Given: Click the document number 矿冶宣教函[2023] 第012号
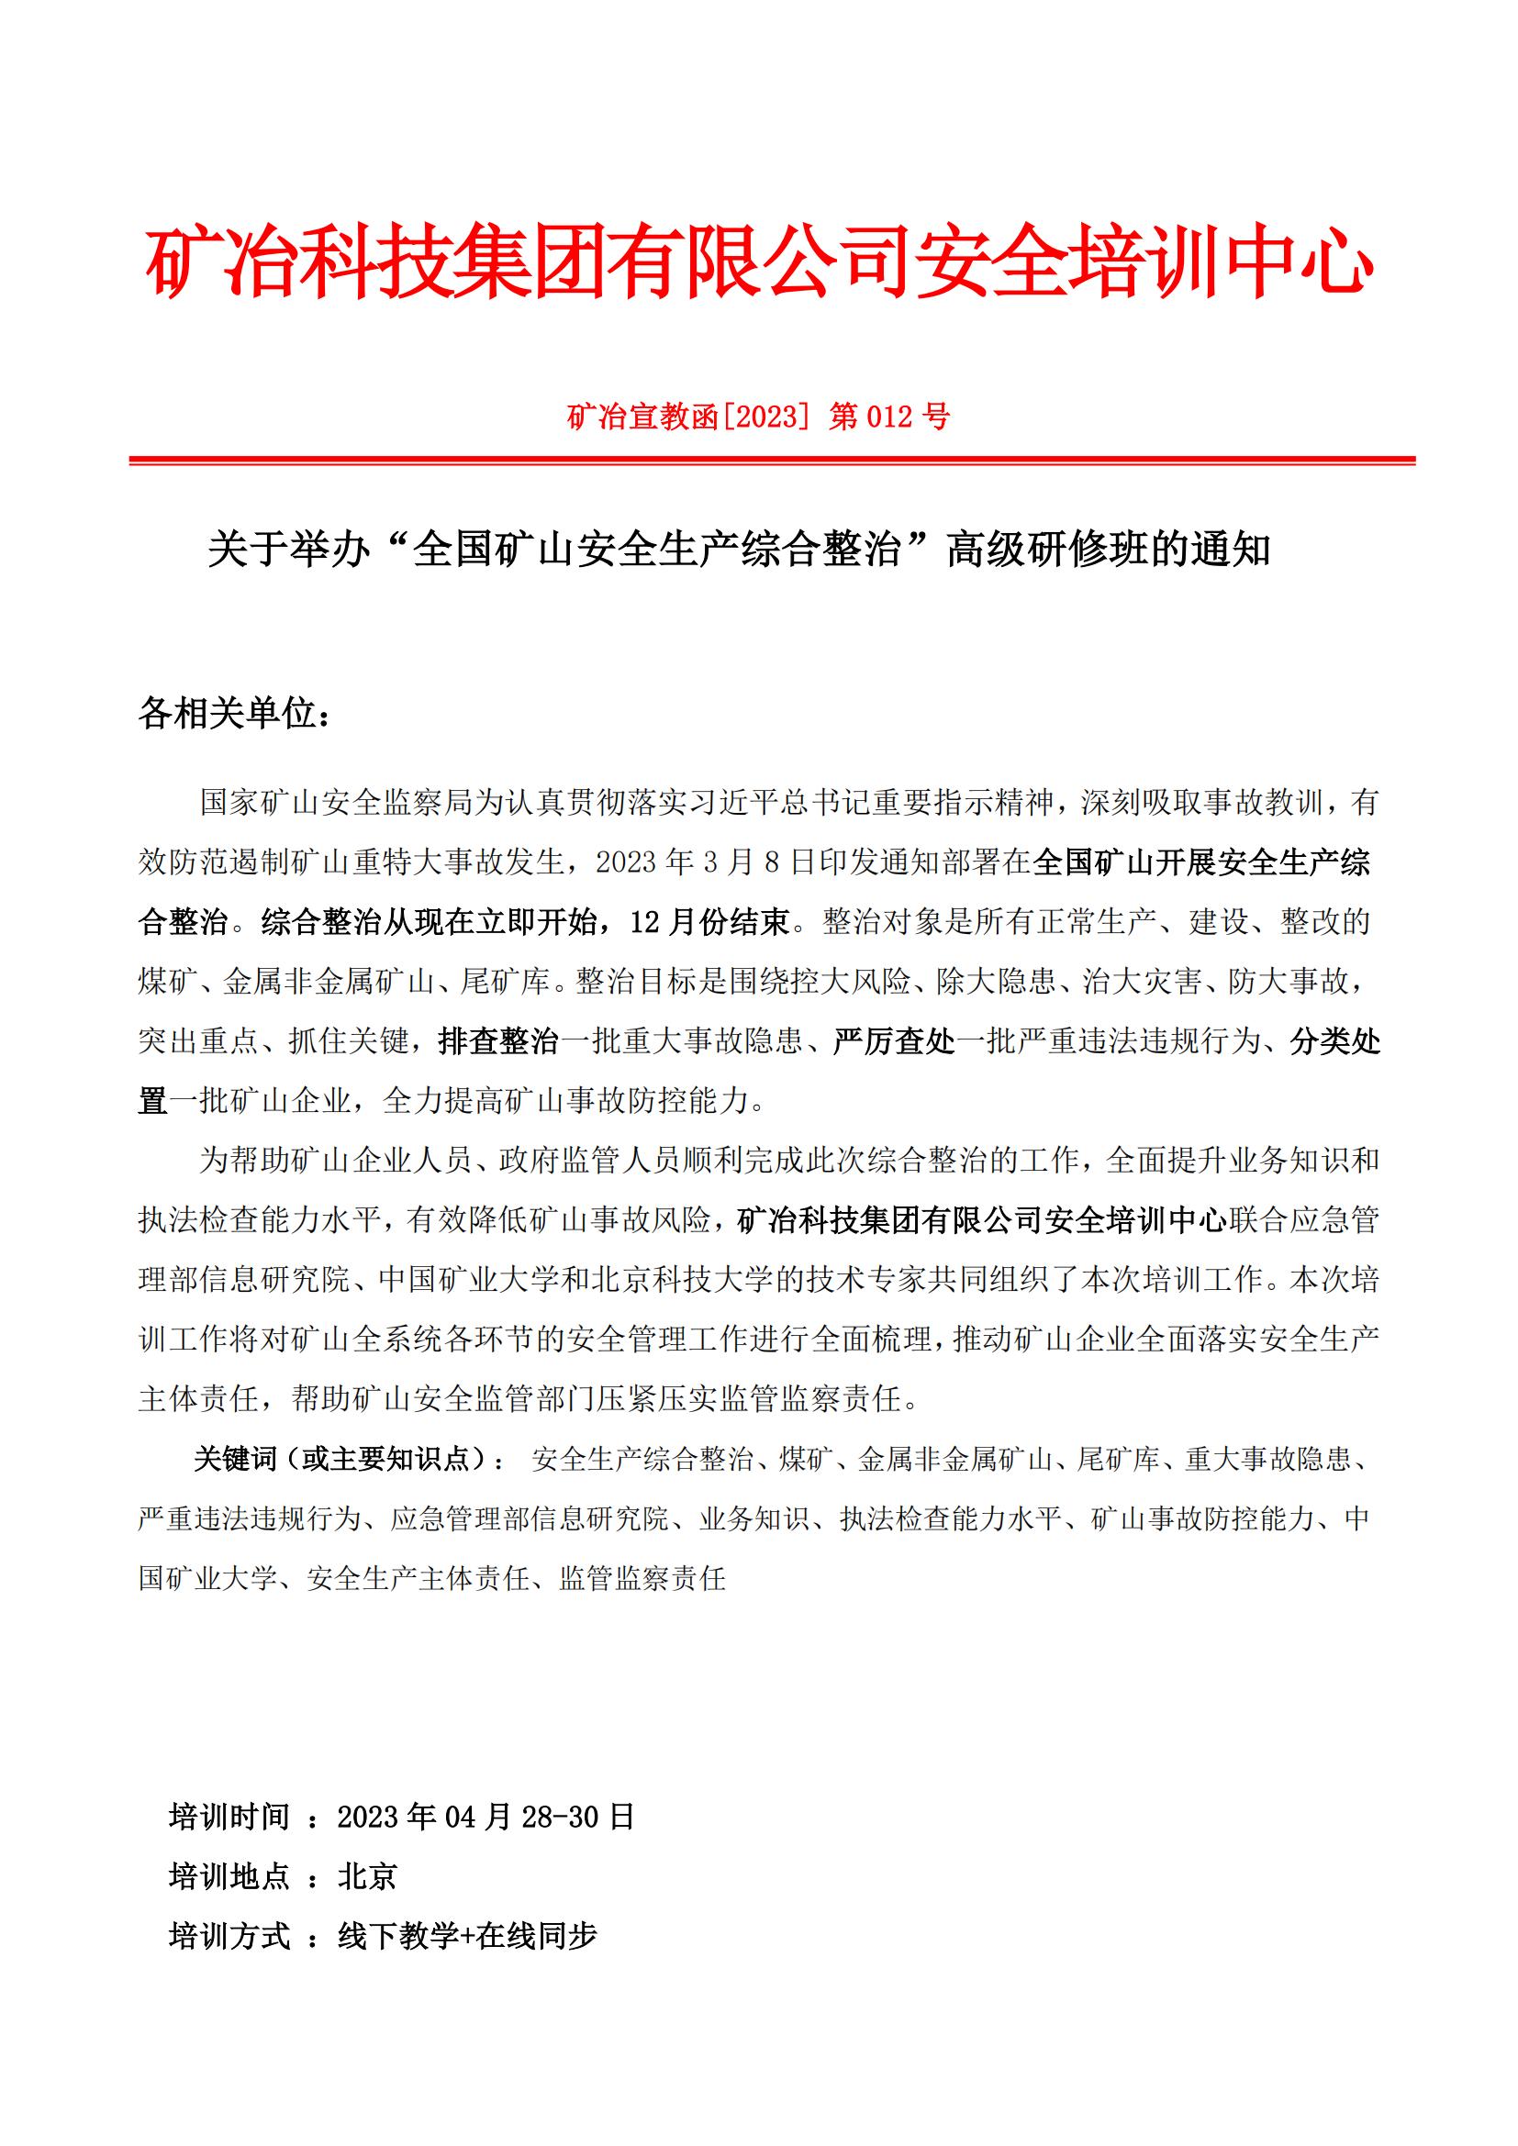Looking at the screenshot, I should tap(758, 416).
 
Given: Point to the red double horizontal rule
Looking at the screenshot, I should tap(771, 461).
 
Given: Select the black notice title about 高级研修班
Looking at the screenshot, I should tap(739, 550).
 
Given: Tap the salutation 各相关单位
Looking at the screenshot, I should tap(234, 714).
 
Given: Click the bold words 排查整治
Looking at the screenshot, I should tap(498, 1041).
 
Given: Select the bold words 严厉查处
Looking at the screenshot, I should tap(894, 1041).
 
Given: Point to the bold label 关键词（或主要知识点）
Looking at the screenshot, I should tap(351, 1459).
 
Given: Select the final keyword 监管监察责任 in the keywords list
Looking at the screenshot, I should tap(642, 1579).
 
